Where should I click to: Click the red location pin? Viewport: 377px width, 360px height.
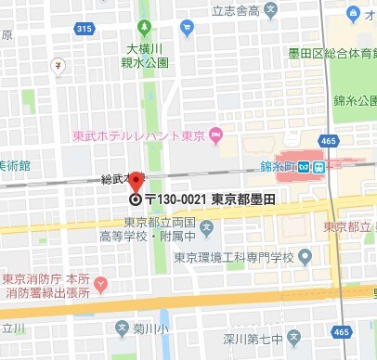click(x=135, y=182)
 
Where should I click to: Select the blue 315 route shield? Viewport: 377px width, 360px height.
click(x=84, y=30)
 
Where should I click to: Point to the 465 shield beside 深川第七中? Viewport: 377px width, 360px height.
click(x=343, y=331)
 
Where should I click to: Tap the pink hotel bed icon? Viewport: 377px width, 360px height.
click(x=216, y=139)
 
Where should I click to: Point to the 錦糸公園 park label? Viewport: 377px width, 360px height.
click(x=357, y=99)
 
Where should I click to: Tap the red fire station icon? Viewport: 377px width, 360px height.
click(x=102, y=282)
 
